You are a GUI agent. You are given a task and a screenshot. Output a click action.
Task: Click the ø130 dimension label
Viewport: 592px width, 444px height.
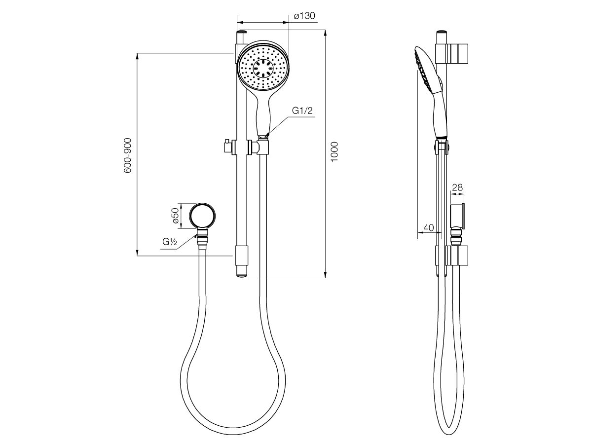304,16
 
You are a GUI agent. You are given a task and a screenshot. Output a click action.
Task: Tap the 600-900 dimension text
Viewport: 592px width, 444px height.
128,155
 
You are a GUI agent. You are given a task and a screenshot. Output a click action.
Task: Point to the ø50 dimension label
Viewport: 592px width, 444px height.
175,216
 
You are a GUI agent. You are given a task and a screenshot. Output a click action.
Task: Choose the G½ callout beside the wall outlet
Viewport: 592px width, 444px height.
170,242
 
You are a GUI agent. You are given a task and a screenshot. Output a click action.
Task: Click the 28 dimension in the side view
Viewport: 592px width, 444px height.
458,187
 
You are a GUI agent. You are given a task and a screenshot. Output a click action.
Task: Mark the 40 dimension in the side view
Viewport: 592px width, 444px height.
428,228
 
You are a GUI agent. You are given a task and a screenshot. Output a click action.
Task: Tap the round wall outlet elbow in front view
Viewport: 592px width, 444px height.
202,216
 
